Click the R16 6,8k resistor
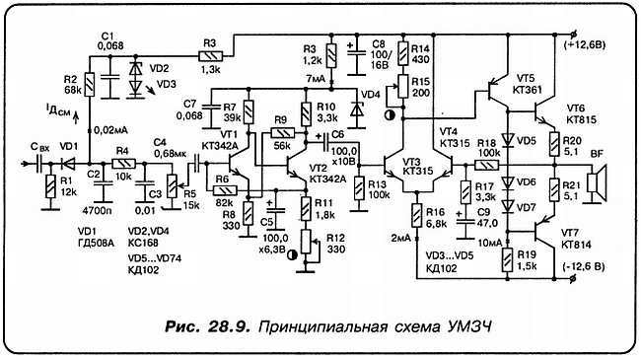pos(417,219)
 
